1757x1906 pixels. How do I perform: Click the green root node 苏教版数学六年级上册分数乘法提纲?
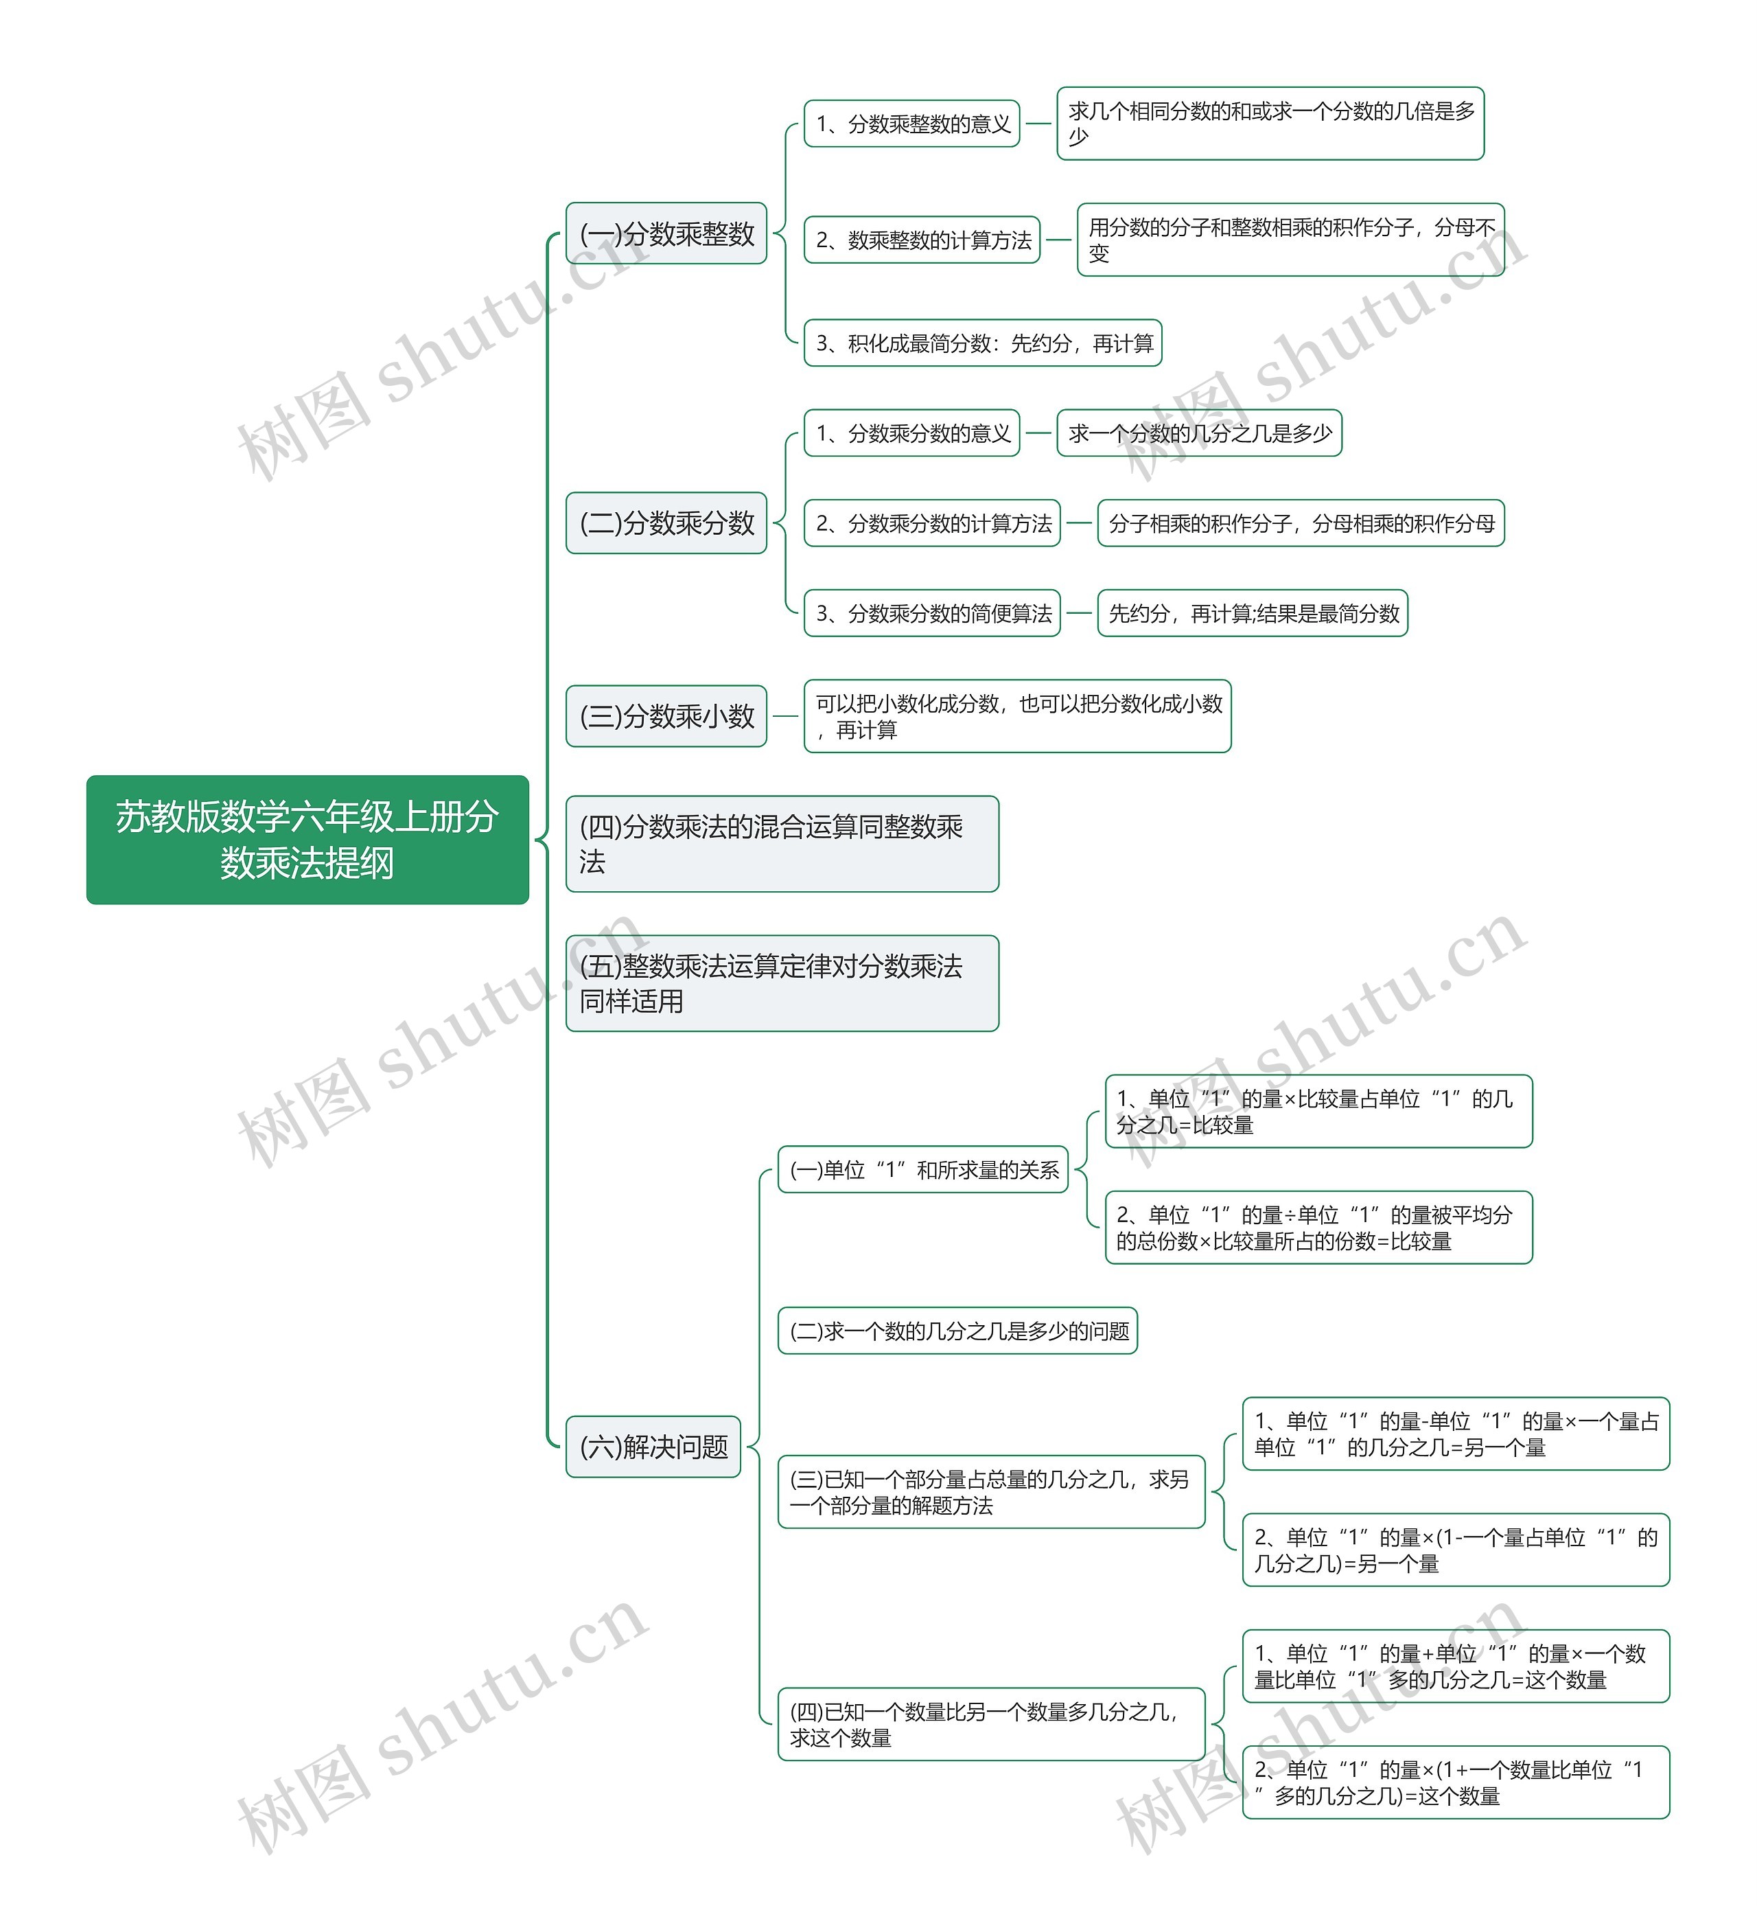[307, 839]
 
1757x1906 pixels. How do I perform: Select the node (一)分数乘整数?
[666, 233]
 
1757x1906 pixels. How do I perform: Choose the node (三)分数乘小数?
[666, 715]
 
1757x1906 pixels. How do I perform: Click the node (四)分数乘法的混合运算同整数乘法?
[782, 844]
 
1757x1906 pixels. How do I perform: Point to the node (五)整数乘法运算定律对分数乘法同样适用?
[782, 983]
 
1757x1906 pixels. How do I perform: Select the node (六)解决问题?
[653, 1447]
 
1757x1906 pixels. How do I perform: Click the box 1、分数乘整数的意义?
[911, 124]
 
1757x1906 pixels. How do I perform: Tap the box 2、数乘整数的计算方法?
[921, 240]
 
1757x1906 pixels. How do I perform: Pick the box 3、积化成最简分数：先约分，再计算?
[983, 343]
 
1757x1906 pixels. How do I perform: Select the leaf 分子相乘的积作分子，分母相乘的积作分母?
[1301, 523]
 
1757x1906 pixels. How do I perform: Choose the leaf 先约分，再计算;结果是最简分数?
[1252, 613]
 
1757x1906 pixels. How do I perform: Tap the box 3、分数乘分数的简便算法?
[932, 613]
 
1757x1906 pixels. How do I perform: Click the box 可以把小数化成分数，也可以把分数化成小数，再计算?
[1017, 716]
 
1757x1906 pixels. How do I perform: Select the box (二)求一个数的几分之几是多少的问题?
[957, 1331]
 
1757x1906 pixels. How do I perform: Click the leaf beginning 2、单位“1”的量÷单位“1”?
[1318, 1227]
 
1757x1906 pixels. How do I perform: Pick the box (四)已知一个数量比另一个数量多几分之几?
[990, 1724]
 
